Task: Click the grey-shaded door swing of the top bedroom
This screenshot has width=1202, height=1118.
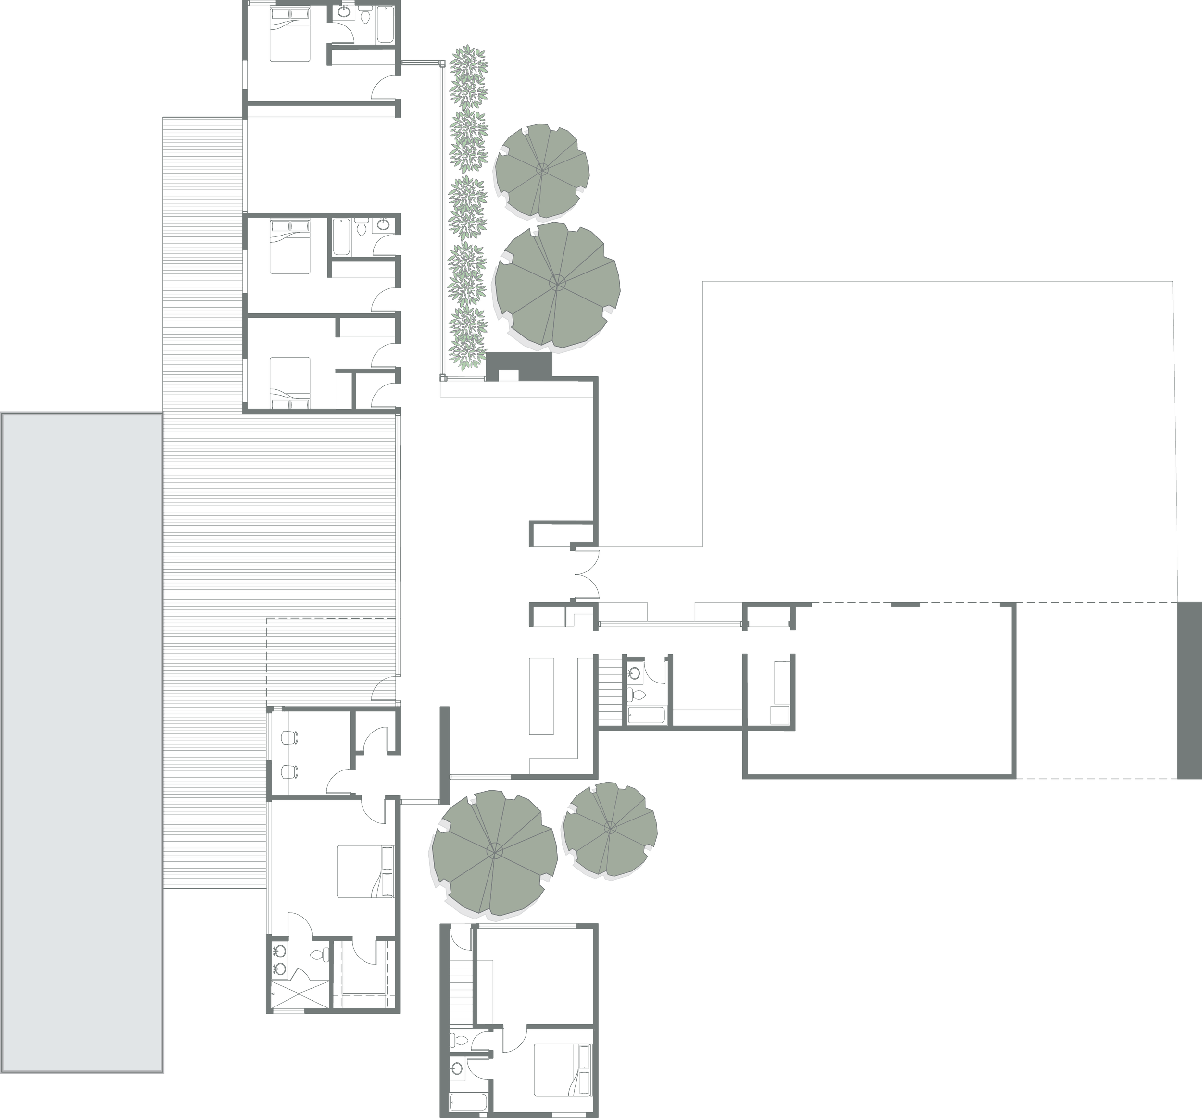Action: point(387,89)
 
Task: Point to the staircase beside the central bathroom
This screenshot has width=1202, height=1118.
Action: point(610,689)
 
